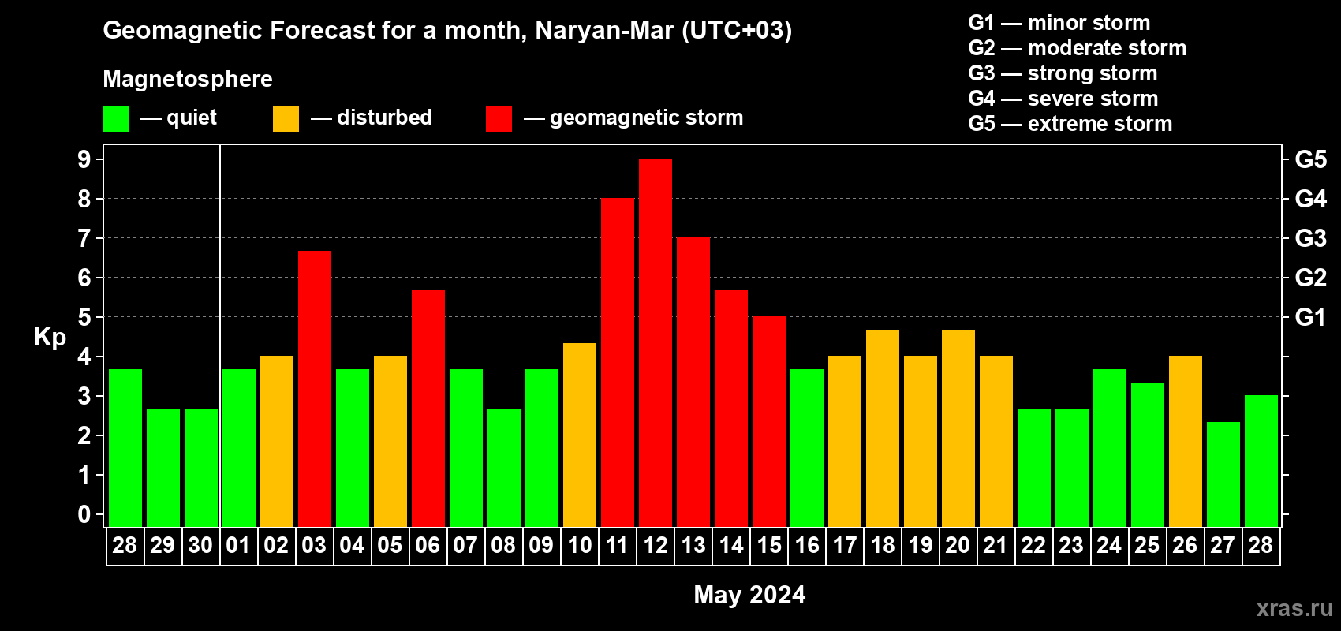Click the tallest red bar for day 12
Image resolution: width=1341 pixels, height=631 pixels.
point(656,342)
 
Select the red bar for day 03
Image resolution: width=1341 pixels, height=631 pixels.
point(315,388)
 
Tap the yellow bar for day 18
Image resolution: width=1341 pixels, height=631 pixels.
point(883,428)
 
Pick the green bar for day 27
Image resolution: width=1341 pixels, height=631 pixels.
point(1223,474)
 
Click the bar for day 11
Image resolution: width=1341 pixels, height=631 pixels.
point(618,362)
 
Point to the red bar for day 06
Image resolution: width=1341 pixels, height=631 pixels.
point(428,408)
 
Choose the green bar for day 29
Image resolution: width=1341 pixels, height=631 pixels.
point(163,467)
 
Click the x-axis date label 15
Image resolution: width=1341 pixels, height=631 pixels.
point(769,545)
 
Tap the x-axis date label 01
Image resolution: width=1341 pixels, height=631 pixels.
point(238,545)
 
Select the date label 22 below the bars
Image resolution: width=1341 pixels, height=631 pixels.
point(1033,545)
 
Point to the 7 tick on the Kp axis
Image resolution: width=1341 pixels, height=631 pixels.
point(84,238)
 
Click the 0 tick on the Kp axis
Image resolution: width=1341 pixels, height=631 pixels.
point(84,514)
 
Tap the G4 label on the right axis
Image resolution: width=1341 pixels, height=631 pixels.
point(1310,199)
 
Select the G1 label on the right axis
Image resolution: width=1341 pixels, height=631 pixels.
point(1310,317)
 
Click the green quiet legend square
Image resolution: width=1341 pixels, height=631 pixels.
point(116,119)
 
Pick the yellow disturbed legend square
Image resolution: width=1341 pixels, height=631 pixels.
point(286,119)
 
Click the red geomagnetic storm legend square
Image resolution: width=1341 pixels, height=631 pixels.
point(499,119)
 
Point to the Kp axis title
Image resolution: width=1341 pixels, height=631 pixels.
point(50,337)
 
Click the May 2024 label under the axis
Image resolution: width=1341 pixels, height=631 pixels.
point(749,595)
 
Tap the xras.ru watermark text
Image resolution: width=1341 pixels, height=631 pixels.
point(1294,608)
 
